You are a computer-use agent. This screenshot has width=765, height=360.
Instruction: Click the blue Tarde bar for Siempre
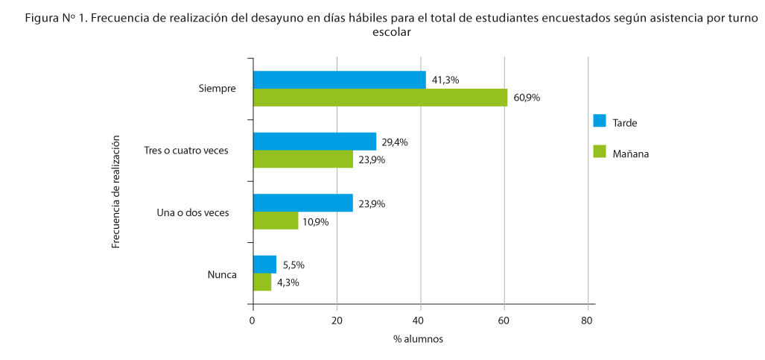pyautogui.click(x=340, y=80)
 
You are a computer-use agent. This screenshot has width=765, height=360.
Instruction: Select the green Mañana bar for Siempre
pyautogui.click(x=380, y=98)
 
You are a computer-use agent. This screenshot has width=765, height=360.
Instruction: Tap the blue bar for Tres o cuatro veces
pyautogui.click(x=314, y=142)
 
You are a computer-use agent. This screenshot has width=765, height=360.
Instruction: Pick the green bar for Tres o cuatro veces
pyautogui.click(x=303, y=159)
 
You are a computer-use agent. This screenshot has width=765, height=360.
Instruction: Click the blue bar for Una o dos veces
pyautogui.click(x=303, y=203)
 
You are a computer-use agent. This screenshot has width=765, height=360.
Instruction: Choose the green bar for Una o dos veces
pyautogui.click(x=276, y=221)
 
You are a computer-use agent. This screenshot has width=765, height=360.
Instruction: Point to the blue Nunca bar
pyautogui.click(x=264, y=264)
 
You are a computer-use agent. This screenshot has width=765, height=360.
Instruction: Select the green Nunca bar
pyautogui.click(x=262, y=282)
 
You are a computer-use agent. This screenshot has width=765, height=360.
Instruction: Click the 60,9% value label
pyautogui.click(x=527, y=98)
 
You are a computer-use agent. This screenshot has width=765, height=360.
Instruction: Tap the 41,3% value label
pyautogui.click(x=445, y=80)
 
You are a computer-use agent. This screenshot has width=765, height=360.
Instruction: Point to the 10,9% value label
pyautogui.click(x=317, y=221)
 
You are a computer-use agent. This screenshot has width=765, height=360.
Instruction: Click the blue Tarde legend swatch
pyautogui.click(x=600, y=121)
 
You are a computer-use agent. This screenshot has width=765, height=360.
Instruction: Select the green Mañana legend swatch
pyautogui.click(x=600, y=152)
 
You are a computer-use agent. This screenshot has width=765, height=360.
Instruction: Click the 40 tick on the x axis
pyautogui.click(x=421, y=320)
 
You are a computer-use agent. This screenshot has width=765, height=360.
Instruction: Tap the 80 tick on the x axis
pyautogui.click(x=588, y=320)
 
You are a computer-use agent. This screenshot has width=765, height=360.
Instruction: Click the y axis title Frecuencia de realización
pyautogui.click(x=116, y=192)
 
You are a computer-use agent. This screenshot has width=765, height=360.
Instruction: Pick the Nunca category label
pyautogui.click(x=222, y=274)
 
